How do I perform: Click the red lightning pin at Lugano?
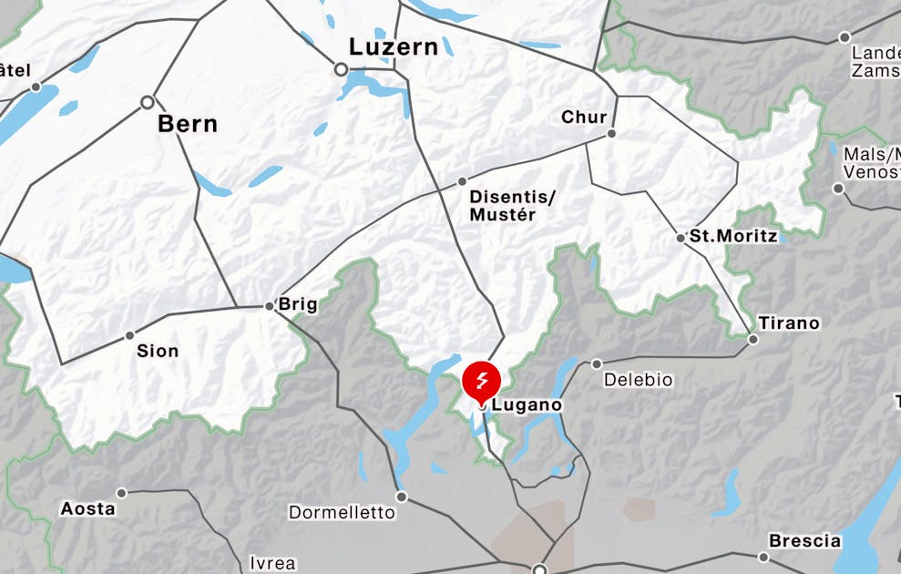point(482,380)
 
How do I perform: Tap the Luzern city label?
point(394,46)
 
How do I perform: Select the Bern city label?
point(188,124)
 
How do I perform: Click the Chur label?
point(584,117)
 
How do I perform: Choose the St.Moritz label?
point(733,236)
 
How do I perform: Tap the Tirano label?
point(789,323)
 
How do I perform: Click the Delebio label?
point(639,379)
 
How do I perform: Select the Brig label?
point(298,304)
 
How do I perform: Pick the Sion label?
point(158,351)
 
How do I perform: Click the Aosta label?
point(88,508)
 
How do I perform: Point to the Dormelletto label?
point(343,512)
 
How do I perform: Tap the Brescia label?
point(804,540)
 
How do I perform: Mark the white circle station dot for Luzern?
point(341,69)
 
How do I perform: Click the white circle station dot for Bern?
point(148,103)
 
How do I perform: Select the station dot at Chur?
point(612,133)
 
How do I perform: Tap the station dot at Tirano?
point(753,340)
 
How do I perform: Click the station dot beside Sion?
point(129,335)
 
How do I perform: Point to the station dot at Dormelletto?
point(401,497)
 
